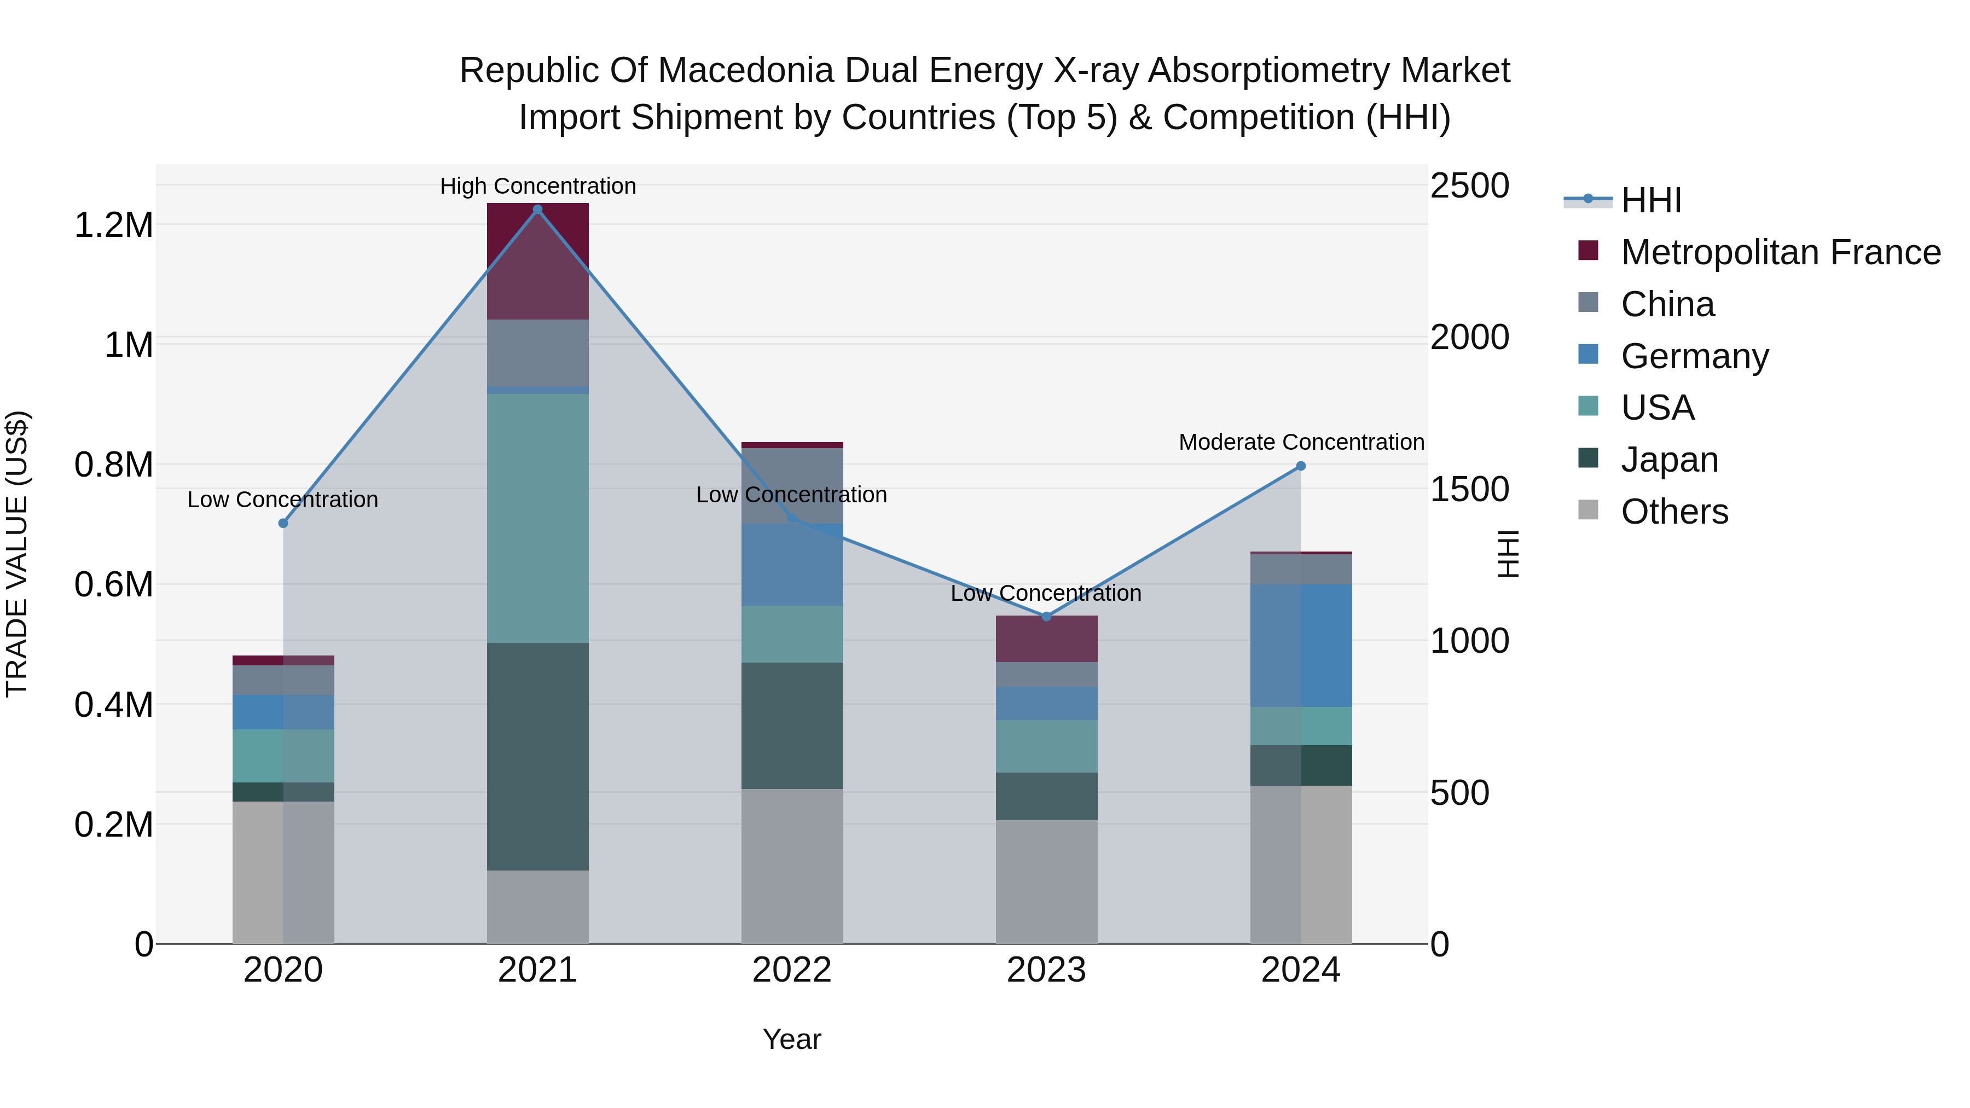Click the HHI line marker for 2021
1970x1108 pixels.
tap(537, 210)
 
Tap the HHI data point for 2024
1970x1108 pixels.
tap(1300, 466)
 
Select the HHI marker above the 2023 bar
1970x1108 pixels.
tap(1046, 616)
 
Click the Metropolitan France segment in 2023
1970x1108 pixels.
tap(1046, 639)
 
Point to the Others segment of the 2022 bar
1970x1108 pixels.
tap(791, 866)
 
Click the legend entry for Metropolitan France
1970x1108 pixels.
tap(1780, 252)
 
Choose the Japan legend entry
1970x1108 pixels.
tap(1670, 460)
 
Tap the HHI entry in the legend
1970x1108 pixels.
tap(1651, 200)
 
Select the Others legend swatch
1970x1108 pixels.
tap(1589, 510)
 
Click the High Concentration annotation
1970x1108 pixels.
tap(537, 186)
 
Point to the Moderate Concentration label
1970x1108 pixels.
tap(1301, 442)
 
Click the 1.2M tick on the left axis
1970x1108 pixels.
tap(114, 225)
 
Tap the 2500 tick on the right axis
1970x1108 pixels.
tap(1469, 186)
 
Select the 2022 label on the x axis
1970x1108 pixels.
tap(791, 970)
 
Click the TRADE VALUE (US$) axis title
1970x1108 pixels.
tap(17, 554)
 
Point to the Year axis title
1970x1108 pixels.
tap(791, 1039)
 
